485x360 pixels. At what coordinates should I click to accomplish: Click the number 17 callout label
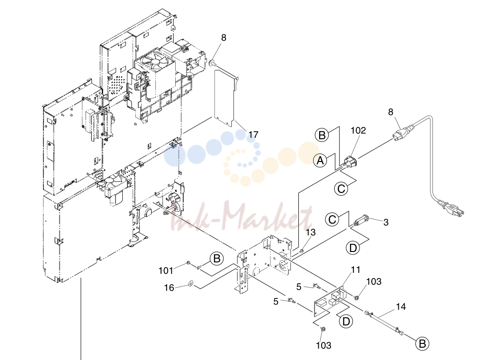click(253, 135)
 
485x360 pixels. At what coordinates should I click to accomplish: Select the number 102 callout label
click(358, 131)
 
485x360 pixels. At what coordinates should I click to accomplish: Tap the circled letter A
click(320, 161)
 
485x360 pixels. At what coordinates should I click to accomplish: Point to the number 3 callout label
click(386, 222)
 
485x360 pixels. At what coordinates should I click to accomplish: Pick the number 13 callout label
click(311, 232)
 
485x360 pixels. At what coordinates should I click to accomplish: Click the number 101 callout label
click(166, 270)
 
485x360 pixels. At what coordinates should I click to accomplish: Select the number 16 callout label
click(169, 288)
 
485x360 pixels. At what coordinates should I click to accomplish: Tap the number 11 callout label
click(356, 270)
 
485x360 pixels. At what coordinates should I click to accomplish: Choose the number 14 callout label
click(401, 306)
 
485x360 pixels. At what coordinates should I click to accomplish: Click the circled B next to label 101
click(216, 258)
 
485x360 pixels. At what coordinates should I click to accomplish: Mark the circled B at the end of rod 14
click(422, 343)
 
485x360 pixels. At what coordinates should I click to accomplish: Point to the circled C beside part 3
click(332, 219)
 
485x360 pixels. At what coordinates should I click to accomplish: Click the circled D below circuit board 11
click(346, 321)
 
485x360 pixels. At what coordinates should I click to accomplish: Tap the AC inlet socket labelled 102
click(350, 162)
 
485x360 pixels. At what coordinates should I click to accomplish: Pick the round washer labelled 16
click(191, 283)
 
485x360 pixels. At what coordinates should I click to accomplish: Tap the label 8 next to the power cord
click(391, 112)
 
